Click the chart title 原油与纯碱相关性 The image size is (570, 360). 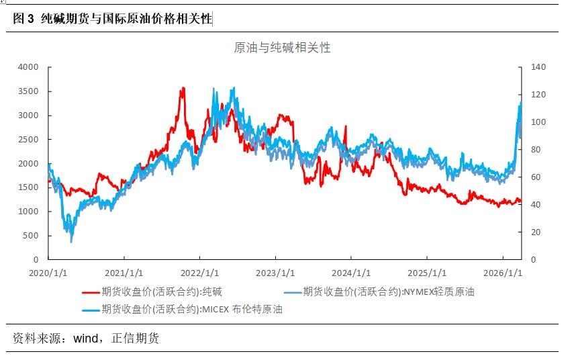point(282,48)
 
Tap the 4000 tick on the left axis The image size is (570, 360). point(29,67)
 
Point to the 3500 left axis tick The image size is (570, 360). point(29,91)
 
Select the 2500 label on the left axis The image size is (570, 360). point(29,139)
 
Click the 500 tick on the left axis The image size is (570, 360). point(32,235)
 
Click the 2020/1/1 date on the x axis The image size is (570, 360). point(48,273)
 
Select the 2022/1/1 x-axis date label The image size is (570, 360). point(199,273)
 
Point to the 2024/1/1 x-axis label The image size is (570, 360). point(351,273)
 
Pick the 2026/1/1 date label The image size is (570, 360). point(504,273)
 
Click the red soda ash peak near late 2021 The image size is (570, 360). point(182,89)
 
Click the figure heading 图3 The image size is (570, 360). point(23,19)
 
